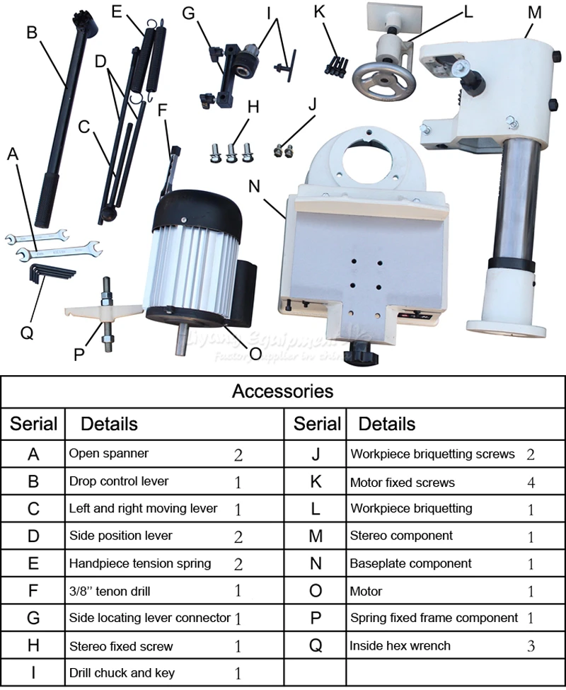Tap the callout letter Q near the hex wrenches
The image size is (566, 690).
click(x=27, y=333)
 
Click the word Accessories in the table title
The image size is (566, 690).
click(x=282, y=391)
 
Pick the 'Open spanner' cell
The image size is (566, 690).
click(x=109, y=453)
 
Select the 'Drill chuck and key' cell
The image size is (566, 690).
click(x=121, y=672)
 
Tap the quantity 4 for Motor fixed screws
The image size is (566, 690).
click(x=531, y=483)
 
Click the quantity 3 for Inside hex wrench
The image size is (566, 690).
click(x=531, y=645)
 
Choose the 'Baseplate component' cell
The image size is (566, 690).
click(x=410, y=564)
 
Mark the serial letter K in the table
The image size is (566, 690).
click(x=316, y=482)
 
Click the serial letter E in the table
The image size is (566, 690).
click(x=33, y=564)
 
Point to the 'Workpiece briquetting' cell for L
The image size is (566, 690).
click(x=411, y=509)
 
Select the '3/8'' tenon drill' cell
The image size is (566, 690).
click(x=110, y=591)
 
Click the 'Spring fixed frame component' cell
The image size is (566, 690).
click(x=434, y=618)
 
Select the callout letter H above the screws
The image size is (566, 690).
click(x=253, y=106)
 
